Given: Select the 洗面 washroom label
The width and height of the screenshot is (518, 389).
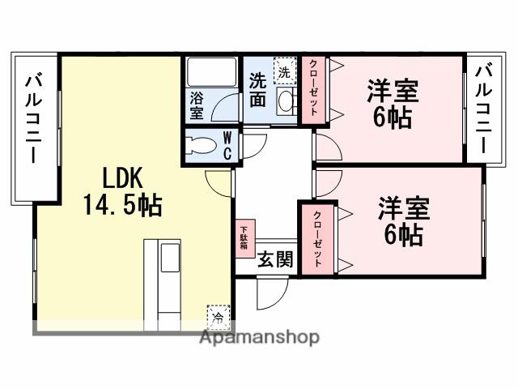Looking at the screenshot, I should coord(258,90).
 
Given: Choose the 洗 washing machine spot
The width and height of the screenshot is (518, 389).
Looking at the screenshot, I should coord(283,71).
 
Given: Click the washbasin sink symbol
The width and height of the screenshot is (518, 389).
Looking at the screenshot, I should coord(286,101).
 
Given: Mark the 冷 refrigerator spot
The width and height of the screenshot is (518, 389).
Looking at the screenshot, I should coord(218,314).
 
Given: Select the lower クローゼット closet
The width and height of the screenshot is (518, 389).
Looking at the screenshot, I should coord(317,237).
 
